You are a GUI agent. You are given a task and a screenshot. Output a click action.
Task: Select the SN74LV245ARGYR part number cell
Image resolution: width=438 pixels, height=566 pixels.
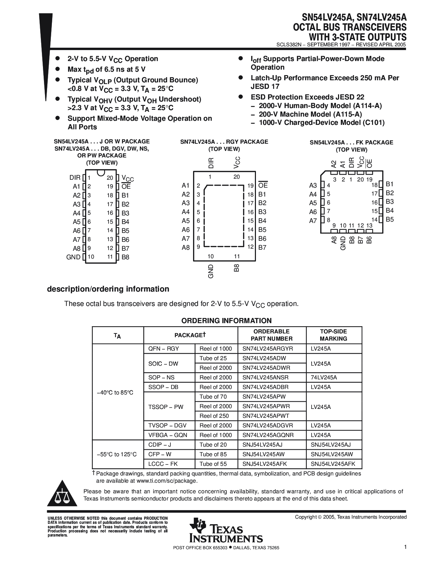pos(268,349)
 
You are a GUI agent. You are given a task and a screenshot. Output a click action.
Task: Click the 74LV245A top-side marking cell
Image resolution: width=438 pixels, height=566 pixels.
pos(324,377)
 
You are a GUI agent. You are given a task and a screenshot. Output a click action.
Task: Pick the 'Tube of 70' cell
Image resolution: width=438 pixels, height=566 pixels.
pos(213,397)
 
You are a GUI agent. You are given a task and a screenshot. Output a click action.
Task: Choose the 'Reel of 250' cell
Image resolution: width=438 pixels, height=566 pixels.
pos(214,416)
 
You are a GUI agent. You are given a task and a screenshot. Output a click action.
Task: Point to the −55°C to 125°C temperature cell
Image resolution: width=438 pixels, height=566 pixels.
pos(117,455)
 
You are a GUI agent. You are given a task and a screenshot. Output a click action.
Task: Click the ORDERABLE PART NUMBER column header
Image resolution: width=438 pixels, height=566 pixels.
pos(271,335)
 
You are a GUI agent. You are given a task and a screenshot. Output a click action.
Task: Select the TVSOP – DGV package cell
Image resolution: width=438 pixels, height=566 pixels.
pos(167,425)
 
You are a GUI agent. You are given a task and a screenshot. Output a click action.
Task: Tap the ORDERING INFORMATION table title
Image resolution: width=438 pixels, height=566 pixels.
pos(226,321)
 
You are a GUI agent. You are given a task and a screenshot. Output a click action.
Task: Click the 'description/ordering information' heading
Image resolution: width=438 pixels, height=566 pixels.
pos(108,289)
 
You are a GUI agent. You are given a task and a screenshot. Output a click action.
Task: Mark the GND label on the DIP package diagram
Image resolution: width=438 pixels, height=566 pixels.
pos(73,257)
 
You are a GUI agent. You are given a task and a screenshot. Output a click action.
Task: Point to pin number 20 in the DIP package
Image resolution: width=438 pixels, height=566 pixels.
pos(110,178)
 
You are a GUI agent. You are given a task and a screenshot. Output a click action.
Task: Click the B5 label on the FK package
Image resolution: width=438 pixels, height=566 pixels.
pos(390,220)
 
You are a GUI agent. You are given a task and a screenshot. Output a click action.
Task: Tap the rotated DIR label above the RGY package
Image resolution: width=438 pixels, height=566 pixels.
pos(211,163)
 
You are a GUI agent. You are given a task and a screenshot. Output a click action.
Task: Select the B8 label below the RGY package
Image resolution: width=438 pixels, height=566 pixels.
pos(237,268)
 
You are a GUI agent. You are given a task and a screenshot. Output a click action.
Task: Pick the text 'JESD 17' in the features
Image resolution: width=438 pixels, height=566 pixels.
pos(265,86)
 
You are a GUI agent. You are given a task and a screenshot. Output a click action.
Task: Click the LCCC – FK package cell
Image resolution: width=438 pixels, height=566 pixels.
pos(163,464)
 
